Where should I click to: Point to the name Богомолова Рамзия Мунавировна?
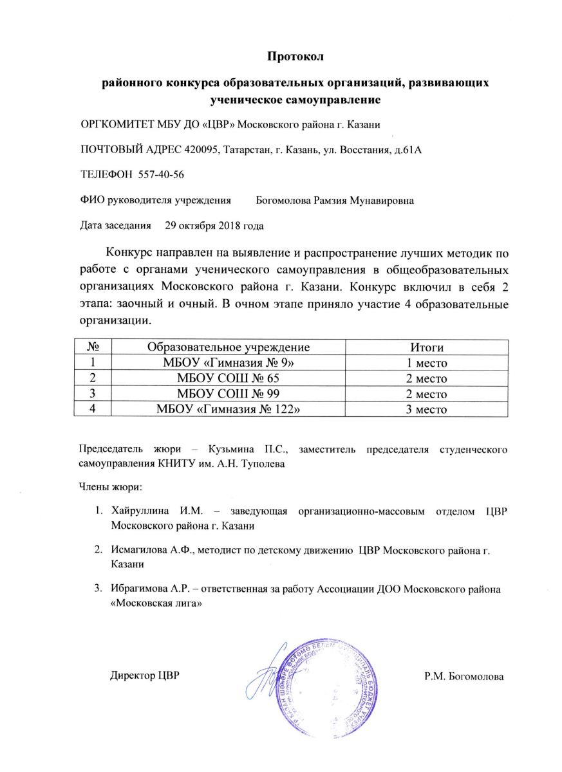(335, 200)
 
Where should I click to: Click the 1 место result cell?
(424, 363)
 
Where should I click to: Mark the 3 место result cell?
(424, 409)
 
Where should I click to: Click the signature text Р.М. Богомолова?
(464, 676)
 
